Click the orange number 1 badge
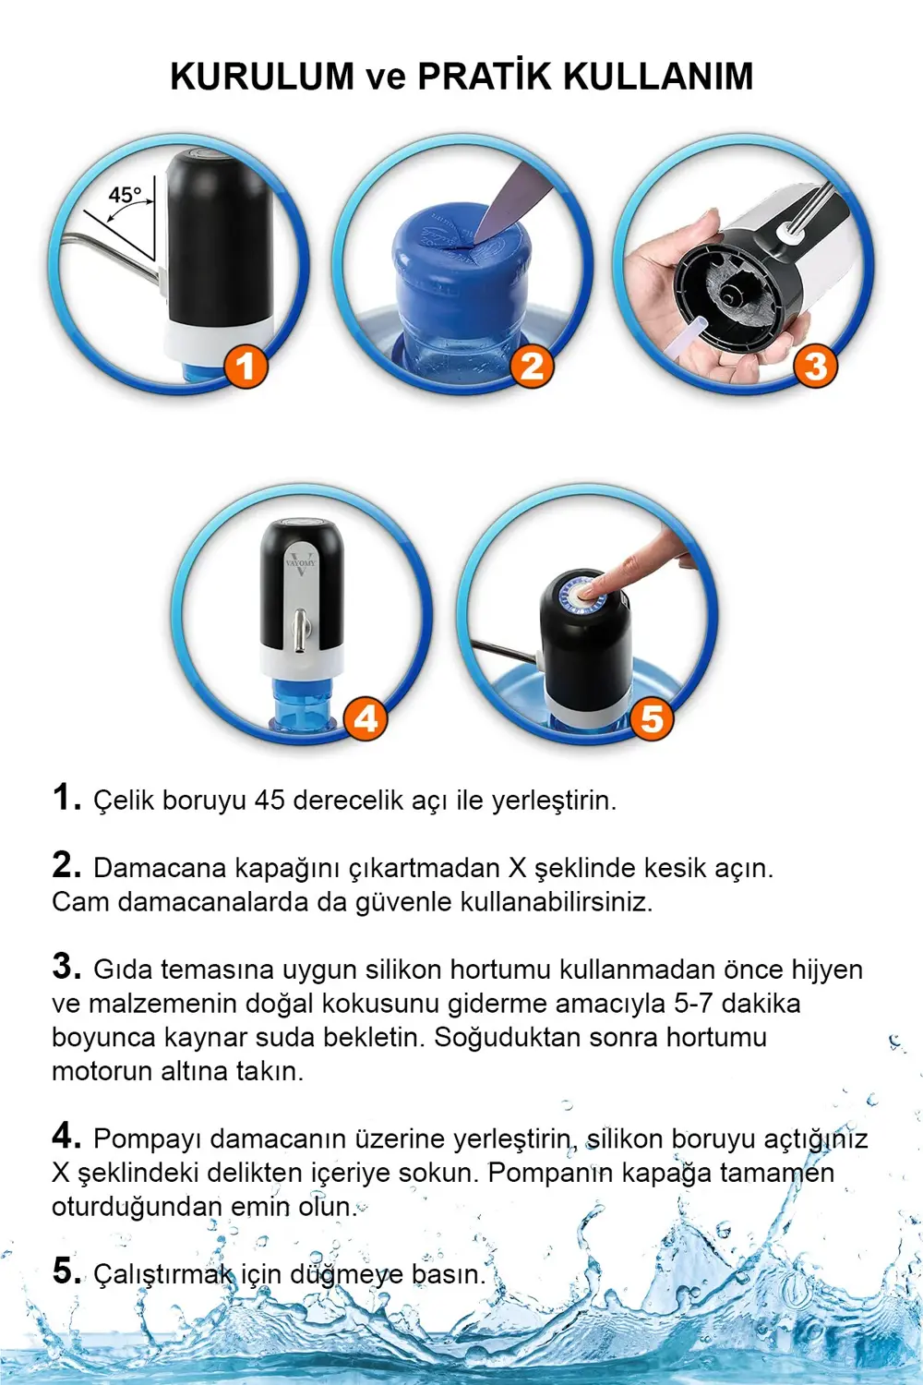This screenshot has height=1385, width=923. click(x=245, y=367)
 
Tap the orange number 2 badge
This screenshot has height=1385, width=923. click(x=532, y=367)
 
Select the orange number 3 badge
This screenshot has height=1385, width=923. click(x=815, y=367)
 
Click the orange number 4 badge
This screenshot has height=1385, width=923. click(x=366, y=718)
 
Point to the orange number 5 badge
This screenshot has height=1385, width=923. click(x=652, y=718)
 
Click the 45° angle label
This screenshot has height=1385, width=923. click(x=125, y=196)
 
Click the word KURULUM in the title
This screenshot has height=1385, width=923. click(x=262, y=77)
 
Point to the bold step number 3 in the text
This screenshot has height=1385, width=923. click(x=66, y=966)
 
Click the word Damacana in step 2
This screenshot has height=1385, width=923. click(x=161, y=869)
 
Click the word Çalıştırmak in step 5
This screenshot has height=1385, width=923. click(x=162, y=1275)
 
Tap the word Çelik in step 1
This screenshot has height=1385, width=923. click(x=124, y=801)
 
